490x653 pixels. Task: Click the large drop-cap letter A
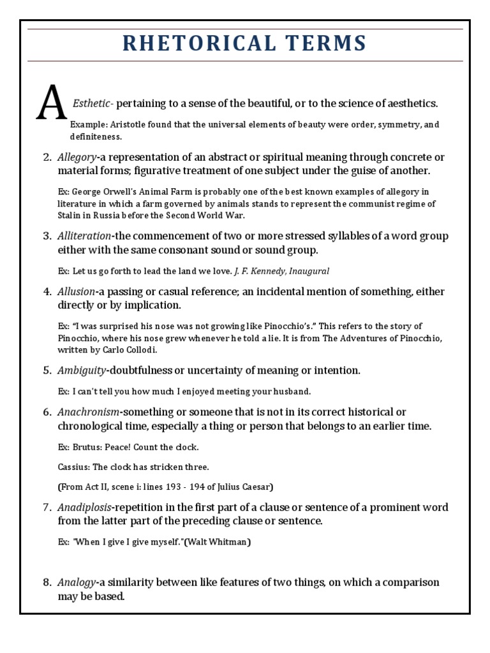(x=52, y=103)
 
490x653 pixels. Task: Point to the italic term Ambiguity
(x=81, y=370)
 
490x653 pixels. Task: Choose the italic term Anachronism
(x=87, y=412)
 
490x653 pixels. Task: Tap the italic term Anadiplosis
(x=84, y=508)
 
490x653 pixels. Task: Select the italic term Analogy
(x=77, y=582)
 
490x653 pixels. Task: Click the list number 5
(x=47, y=370)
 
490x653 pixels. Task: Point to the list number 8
(x=47, y=582)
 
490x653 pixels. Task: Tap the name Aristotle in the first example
(x=124, y=124)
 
